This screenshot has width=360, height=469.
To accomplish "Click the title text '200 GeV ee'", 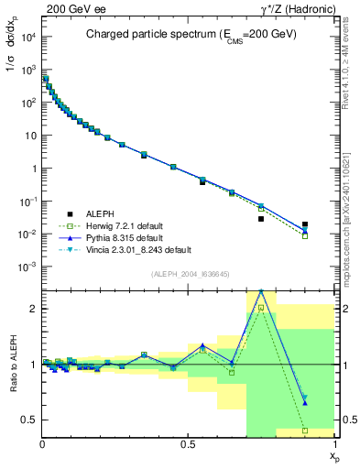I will click(69, 8).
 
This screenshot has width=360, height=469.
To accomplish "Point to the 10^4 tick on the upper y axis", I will click(27, 37).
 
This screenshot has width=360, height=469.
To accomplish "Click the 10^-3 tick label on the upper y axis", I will click(27, 267).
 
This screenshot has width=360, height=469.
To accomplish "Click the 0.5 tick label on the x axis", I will click(188, 444).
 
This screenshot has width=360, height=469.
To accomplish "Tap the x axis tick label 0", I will click(42, 444).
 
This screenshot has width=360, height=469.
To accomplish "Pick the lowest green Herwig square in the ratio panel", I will click(304, 430).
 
